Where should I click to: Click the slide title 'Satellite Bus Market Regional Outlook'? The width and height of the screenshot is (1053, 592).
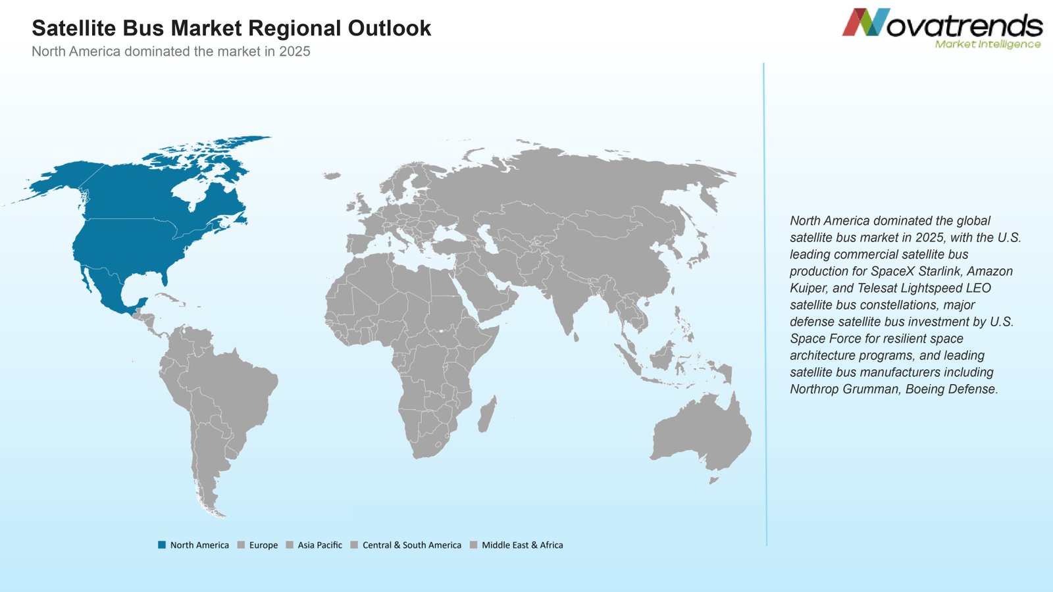231,28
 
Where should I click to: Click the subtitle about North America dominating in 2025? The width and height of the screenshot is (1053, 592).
170,51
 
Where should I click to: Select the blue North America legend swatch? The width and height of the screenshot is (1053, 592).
162,545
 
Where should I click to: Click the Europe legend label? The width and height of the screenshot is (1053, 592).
263,545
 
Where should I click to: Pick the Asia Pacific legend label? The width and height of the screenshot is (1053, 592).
320,545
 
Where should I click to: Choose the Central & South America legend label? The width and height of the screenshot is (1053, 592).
412,545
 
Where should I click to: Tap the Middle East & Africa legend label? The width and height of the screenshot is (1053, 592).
523,545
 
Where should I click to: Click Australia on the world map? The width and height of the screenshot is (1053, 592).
700,432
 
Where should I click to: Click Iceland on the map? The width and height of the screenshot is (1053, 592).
332,176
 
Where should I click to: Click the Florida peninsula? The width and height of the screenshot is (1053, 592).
165,278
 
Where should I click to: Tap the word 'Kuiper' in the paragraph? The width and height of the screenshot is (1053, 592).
807,288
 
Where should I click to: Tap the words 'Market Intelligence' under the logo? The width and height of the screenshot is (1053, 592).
988,44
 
